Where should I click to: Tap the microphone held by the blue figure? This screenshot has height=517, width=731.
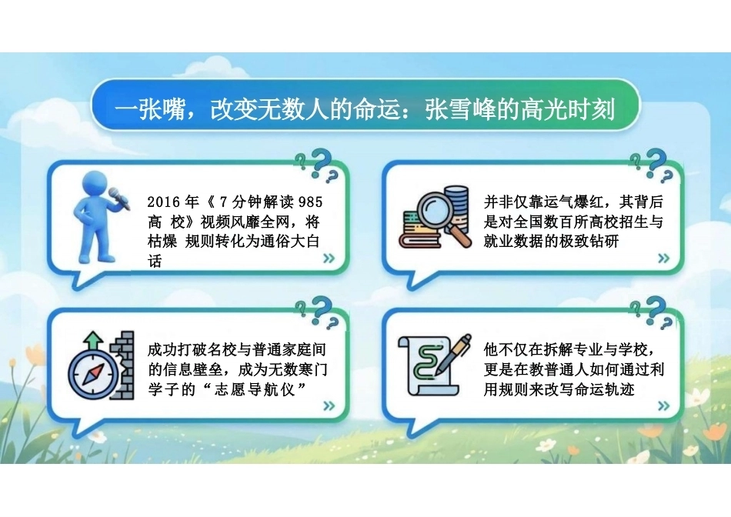119,198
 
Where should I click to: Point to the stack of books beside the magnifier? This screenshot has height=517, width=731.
419,230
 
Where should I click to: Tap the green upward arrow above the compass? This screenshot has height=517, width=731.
94,340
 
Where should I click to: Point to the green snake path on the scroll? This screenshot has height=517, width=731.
426,362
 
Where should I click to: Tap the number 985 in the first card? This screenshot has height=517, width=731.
311,202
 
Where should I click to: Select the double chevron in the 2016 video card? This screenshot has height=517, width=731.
329,258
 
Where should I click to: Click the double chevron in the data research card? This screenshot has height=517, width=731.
663,258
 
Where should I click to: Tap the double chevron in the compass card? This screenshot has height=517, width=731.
329,405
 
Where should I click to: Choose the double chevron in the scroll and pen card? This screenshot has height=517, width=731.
663,405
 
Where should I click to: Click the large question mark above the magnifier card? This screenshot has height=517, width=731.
656,161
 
